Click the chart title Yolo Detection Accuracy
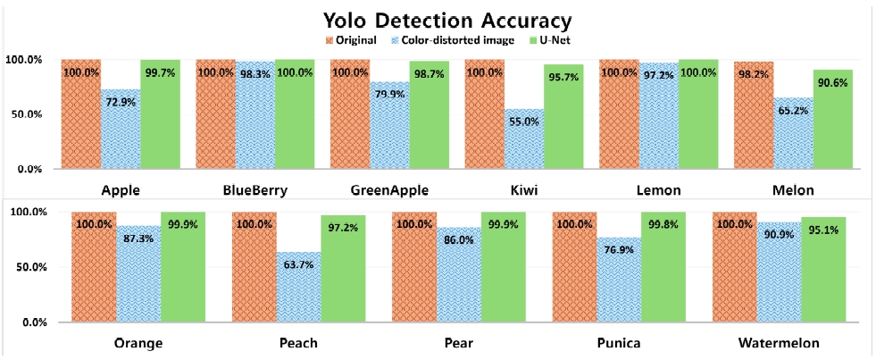click(x=438, y=19)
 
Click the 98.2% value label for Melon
click(x=753, y=73)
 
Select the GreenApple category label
click(x=389, y=190)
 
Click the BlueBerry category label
click(x=254, y=190)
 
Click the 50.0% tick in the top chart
click(x=24, y=114)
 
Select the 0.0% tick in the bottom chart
click(x=27, y=322)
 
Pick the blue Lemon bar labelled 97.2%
click(x=658, y=116)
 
